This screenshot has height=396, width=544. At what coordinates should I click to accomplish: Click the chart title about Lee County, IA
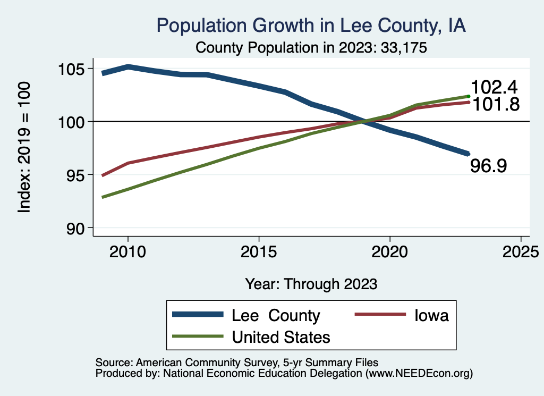311,26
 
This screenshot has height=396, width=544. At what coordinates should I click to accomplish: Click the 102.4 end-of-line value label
495,87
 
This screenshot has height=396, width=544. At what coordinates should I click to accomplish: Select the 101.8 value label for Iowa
495,104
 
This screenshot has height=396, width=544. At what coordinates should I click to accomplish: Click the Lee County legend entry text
276,315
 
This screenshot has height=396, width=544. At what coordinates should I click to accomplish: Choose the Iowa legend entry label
431,315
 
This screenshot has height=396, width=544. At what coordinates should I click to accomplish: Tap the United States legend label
281,336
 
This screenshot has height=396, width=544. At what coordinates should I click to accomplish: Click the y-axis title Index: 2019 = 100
24,148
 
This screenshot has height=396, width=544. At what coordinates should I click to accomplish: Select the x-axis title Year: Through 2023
311,284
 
